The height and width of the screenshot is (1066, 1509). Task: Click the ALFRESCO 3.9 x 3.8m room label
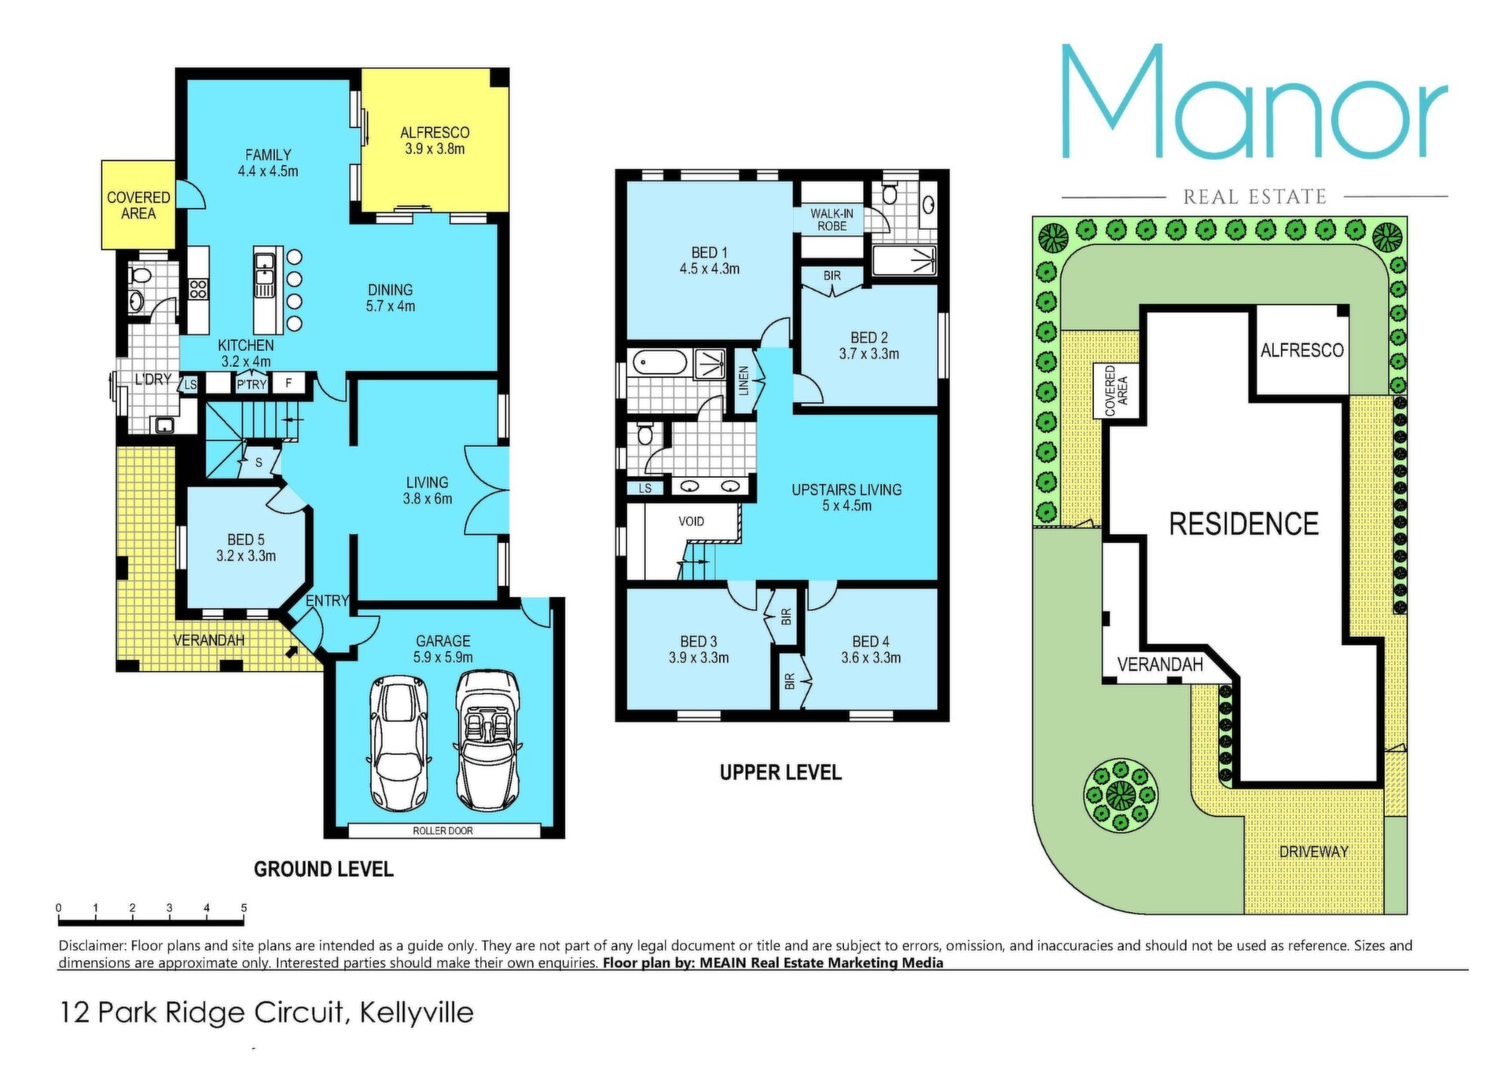click(x=435, y=141)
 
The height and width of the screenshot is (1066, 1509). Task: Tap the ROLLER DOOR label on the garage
click(x=443, y=830)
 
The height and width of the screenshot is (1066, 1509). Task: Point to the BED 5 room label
click(x=246, y=548)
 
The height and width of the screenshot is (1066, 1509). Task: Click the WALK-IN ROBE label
click(x=832, y=219)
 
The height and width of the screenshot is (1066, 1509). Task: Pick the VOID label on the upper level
click(x=692, y=521)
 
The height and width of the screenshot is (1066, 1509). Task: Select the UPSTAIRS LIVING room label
click(x=846, y=497)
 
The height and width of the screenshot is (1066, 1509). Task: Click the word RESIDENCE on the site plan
click(x=1243, y=524)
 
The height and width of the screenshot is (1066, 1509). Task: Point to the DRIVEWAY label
click(x=1313, y=852)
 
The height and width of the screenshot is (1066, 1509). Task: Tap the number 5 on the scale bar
click(x=244, y=908)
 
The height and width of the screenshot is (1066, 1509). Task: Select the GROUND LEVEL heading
click(x=324, y=869)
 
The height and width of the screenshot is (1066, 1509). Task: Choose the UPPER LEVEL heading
click(x=780, y=772)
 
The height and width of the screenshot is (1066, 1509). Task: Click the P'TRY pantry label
click(x=251, y=384)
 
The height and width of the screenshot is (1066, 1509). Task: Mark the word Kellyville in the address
click(x=417, y=1012)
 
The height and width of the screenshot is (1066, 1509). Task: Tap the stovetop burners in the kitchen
click(x=198, y=289)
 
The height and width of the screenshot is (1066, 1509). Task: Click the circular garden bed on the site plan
click(x=1121, y=795)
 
